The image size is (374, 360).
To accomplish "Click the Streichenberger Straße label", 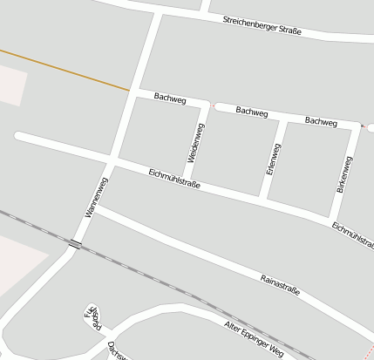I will [x=262, y=25].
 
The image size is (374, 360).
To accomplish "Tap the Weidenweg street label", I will [x=196, y=142].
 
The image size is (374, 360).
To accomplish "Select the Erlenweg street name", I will [x=271, y=158].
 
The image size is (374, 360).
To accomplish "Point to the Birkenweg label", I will [x=343, y=174].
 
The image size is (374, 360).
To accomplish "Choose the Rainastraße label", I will [x=280, y=284].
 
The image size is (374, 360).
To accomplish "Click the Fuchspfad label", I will [x=92, y=318].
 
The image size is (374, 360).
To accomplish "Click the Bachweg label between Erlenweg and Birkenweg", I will [x=321, y=121].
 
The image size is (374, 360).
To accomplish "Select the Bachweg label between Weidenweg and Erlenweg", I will [x=251, y=112].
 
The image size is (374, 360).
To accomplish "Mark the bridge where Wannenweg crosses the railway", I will [x=77, y=245].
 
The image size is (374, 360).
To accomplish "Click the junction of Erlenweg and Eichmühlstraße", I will [x=265, y=198].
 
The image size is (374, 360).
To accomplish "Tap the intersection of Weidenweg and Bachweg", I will [x=207, y=105].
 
